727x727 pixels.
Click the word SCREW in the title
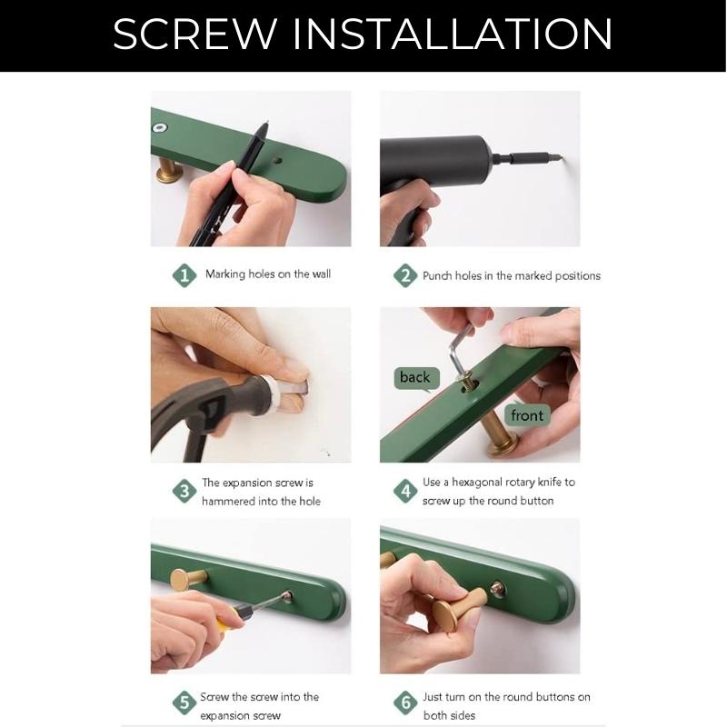194,34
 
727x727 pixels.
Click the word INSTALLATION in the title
453,34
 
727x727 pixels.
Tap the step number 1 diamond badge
184,275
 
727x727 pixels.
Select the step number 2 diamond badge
405,275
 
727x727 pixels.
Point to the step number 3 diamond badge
184,491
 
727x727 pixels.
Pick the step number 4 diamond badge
405,491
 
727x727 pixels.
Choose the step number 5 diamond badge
184,702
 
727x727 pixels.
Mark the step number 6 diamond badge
405,702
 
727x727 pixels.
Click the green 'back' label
415,378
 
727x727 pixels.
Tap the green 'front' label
527,415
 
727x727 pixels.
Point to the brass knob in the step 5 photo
187,579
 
